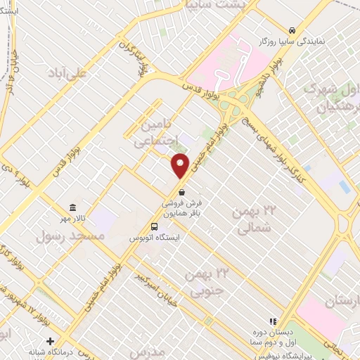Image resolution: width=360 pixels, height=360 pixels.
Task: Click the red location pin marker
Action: click(181, 166)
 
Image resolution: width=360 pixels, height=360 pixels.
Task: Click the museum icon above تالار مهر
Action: click(72, 207)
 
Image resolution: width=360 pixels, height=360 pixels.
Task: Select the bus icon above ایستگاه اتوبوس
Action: click(154, 226)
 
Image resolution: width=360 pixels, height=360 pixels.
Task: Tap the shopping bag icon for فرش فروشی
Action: click(182, 191)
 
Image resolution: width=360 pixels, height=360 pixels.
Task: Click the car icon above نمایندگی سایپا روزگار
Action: click(291, 30)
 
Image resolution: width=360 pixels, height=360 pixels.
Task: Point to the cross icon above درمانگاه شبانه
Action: click(50, 341)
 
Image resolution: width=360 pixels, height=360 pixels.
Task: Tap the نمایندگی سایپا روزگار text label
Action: click(293, 42)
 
